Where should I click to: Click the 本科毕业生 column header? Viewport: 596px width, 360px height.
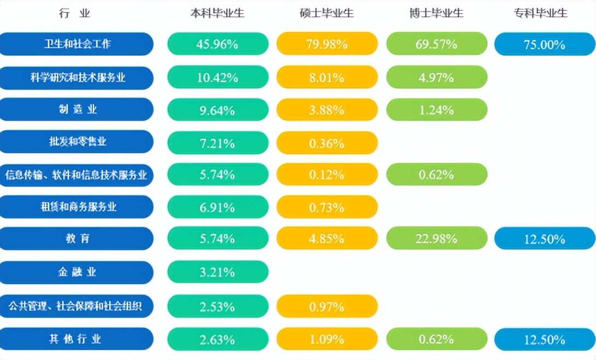point(217,14)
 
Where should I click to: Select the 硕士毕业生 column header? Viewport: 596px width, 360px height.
point(327,14)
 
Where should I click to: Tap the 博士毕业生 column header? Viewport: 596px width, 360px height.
point(436,14)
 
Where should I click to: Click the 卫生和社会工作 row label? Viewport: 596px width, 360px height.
point(77,44)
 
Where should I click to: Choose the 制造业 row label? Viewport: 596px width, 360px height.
point(77,109)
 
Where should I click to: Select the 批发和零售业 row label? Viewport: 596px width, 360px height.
point(77,142)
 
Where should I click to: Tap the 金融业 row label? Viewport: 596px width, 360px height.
point(77,272)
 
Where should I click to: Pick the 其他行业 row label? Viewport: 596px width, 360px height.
point(77,339)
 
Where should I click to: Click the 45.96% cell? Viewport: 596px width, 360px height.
point(218,44)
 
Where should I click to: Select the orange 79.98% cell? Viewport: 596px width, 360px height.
point(327,44)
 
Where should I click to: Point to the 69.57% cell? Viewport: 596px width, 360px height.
point(436,44)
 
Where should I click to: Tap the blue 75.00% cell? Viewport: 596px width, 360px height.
point(544,44)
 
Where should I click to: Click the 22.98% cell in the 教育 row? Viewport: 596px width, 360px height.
point(436,239)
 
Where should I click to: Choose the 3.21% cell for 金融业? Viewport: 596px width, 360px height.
point(218,272)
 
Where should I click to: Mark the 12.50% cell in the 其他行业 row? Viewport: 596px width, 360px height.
point(544,339)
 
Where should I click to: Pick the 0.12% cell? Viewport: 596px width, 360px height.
point(327,175)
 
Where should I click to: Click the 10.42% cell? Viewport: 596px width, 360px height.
point(218,78)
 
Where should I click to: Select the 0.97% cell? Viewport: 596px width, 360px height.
point(327,306)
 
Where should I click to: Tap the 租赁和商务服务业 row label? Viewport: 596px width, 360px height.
point(77,207)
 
